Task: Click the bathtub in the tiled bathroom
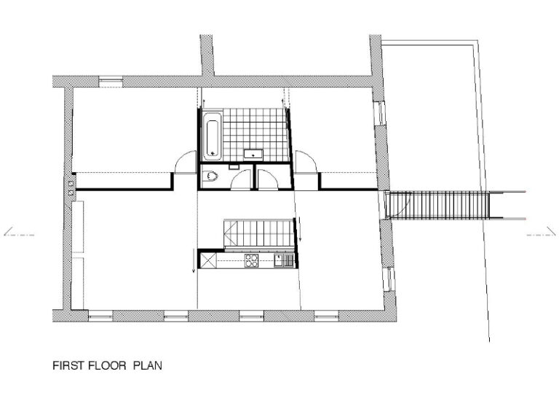(x=213, y=136)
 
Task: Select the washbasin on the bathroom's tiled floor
(x=253, y=155)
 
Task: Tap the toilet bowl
(x=210, y=176)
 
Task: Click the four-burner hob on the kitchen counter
(x=251, y=260)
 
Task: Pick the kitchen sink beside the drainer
(x=279, y=260)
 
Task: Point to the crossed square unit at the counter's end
(x=208, y=260)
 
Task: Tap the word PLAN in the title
(x=148, y=366)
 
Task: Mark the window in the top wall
(x=111, y=82)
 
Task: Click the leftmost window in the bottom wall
(x=100, y=316)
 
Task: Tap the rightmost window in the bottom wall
(x=326, y=316)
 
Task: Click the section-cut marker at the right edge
(x=542, y=232)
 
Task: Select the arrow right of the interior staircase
(x=300, y=228)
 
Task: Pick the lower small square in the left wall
(x=71, y=192)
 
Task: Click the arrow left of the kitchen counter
(x=193, y=261)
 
